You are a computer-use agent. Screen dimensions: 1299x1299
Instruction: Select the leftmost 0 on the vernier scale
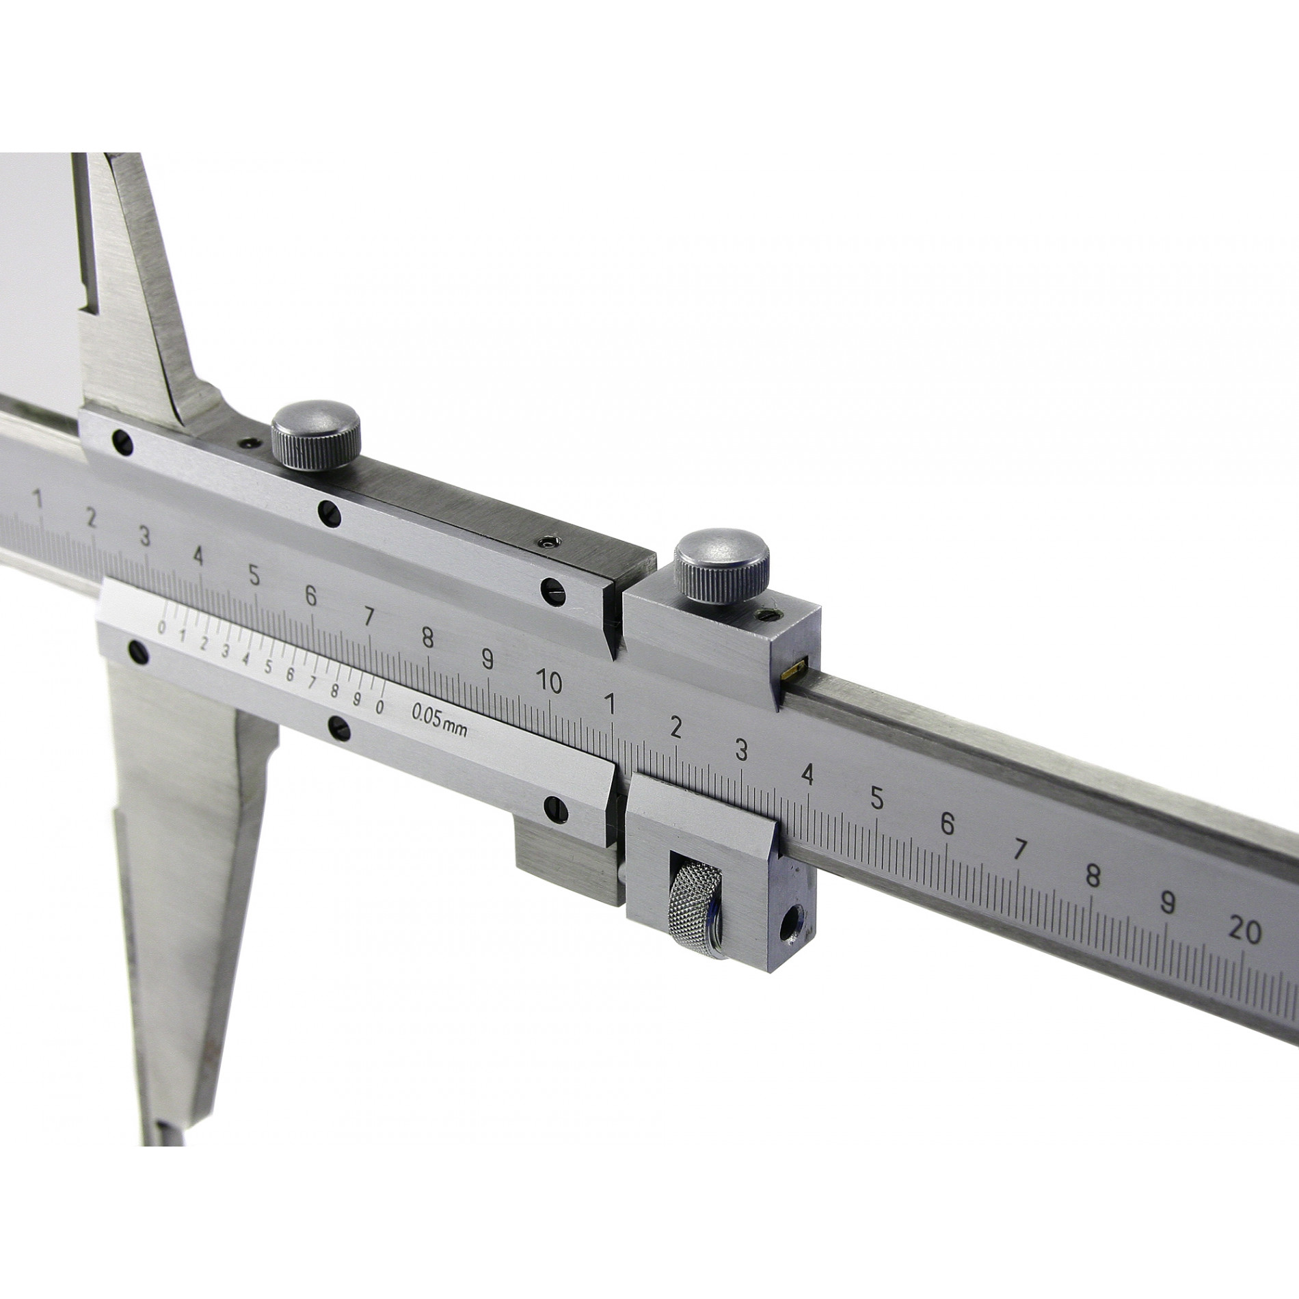click(x=162, y=626)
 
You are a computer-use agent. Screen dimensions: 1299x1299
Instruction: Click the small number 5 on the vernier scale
click(x=268, y=665)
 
